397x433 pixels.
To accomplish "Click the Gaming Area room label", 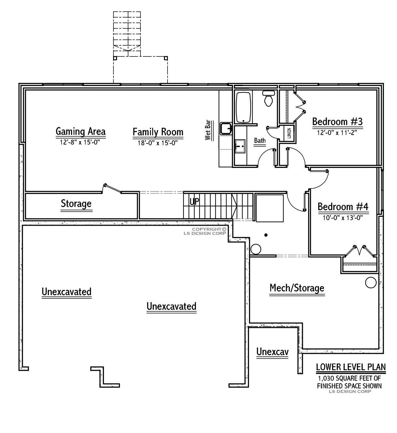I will click(x=81, y=131).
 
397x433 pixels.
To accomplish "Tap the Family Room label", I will click(x=158, y=132).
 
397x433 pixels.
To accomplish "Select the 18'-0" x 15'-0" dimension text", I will click(x=158, y=142).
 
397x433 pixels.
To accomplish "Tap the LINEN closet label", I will click(x=289, y=133).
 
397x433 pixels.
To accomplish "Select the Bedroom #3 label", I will click(x=337, y=122).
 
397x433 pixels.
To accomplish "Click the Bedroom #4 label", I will click(x=343, y=207).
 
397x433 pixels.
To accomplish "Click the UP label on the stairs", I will click(x=194, y=201).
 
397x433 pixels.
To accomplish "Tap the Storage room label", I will click(x=76, y=204).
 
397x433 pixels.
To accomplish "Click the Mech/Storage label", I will click(x=297, y=288).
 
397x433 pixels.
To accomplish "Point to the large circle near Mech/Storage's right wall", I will click(x=371, y=282).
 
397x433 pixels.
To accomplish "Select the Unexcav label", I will click(x=272, y=352).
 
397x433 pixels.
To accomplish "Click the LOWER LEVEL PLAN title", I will click(x=351, y=367).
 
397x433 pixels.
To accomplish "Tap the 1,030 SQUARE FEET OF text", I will click(x=349, y=379).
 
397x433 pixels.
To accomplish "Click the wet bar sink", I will click(x=226, y=128).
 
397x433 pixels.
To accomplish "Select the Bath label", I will click(x=260, y=141).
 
